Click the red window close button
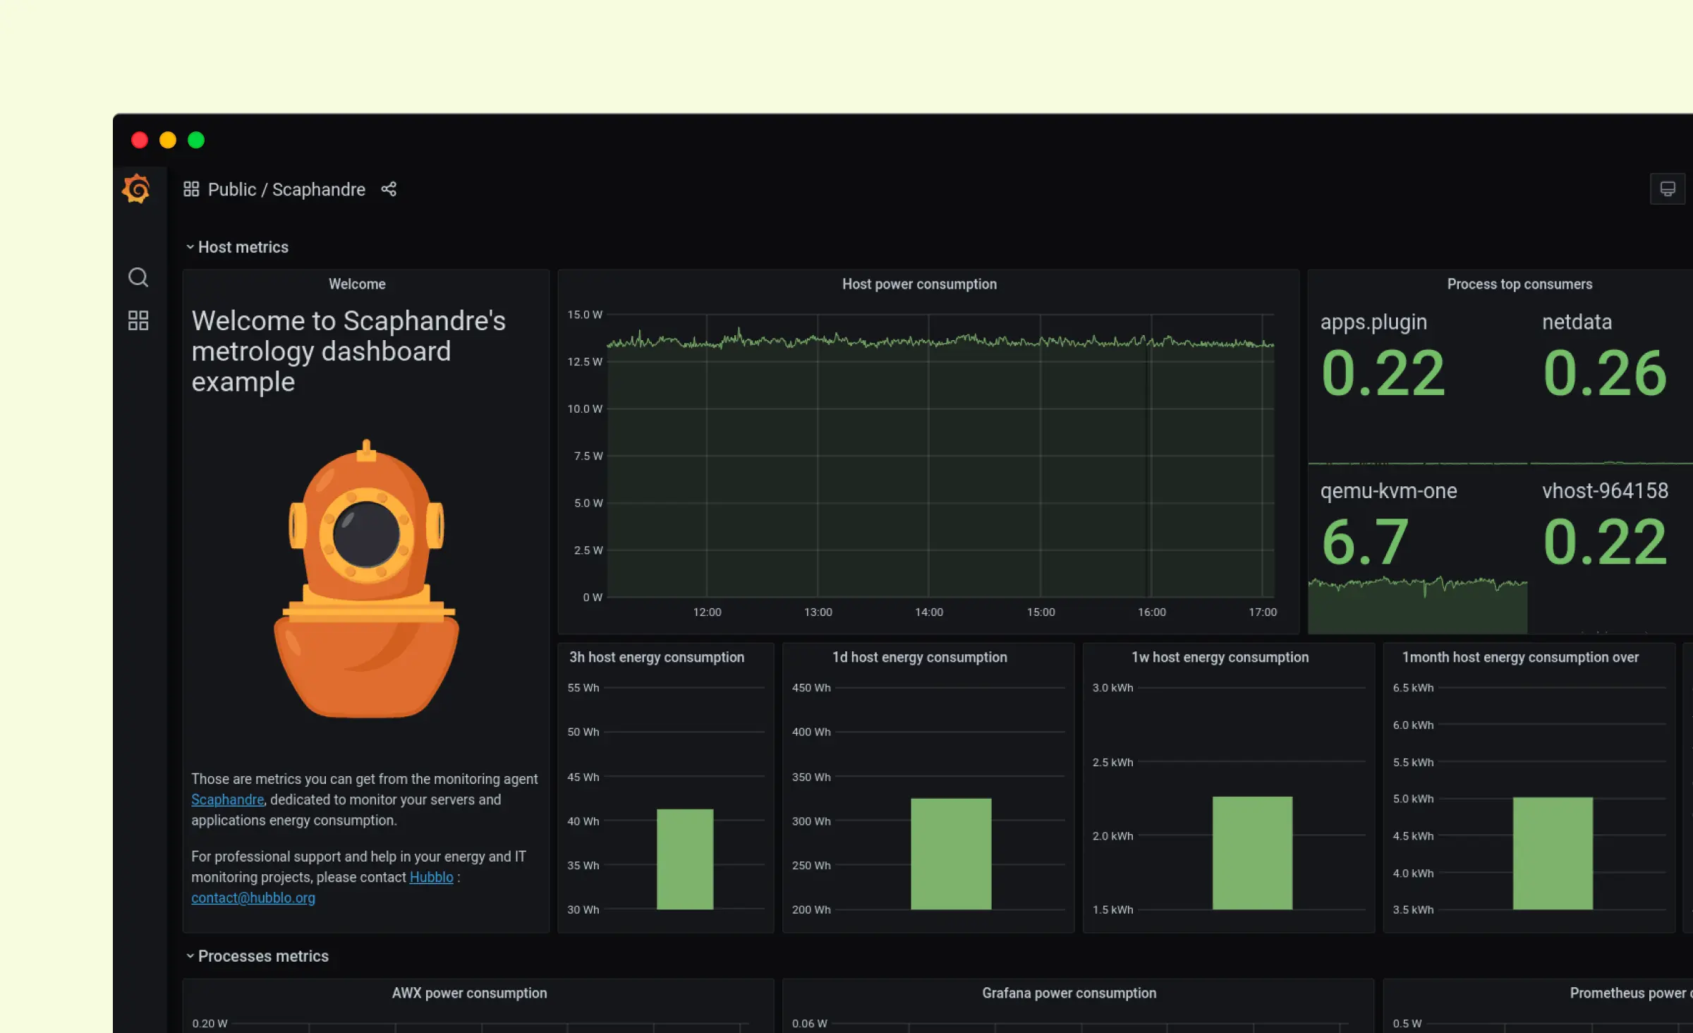click(140, 140)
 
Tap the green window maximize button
click(196, 140)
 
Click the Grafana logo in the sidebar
click(137, 189)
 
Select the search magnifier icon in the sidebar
click(138, 277)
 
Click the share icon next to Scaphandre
click(389, 189)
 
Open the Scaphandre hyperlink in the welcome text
click(227, 799)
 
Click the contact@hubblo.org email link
click(253, 898)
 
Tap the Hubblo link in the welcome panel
click(431, 877)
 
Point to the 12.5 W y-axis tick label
click(585, 362)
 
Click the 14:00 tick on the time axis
click(928, 612)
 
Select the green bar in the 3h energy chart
click(685, 859)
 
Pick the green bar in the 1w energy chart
click(1252, 852)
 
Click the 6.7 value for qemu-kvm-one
click(1364, 542)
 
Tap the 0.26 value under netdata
click(1605, 373)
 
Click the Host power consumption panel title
click(919, 284)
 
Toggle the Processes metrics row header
click(262, 956)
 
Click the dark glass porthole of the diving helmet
click(366, 534)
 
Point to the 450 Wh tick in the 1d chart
click(811, 688)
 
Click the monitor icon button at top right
click(1667, 189)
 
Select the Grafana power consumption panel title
click(1069, 993)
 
